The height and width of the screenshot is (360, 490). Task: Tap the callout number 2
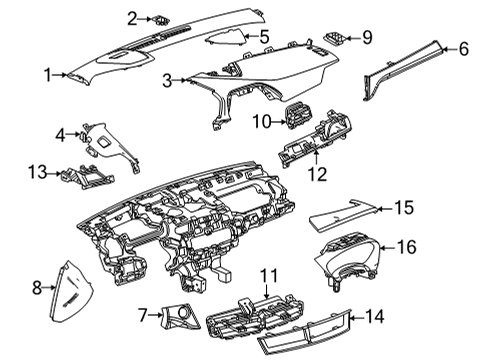point(132,17)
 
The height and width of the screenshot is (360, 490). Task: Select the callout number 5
point(264,38)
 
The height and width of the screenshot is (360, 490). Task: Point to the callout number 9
point(366,37)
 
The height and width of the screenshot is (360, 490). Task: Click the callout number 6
point(463,47)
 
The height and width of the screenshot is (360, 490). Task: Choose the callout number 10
point(261,122)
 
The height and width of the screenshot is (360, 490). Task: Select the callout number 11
point(268,275)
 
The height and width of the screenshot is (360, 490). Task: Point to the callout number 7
point(143,315)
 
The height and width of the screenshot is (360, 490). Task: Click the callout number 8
point(38,288)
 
